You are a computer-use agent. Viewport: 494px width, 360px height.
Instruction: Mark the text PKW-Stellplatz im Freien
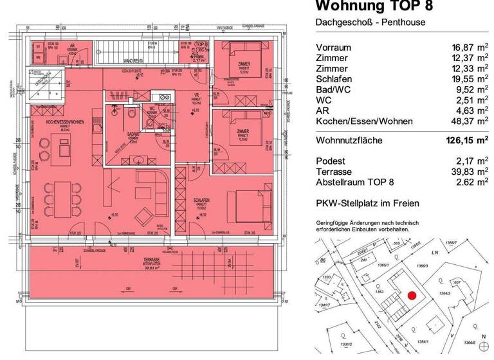click(x=367, y=204)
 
